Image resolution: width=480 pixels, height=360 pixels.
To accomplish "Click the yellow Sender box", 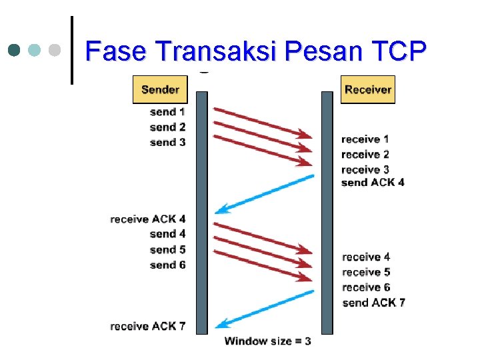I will click(x=160, y=89).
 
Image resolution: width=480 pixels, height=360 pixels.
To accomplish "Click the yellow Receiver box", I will click(x=368, y=89).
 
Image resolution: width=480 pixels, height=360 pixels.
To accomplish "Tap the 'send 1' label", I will click(x=167, y=112).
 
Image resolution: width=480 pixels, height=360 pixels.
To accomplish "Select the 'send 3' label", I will click(x=167, y=142).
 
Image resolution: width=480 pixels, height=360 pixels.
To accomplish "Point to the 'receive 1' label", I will click(x=365, y=139).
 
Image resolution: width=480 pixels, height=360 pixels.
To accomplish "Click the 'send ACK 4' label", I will click(x=372, y=183).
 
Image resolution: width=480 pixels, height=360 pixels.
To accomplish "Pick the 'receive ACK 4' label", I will click(x=148, y=219).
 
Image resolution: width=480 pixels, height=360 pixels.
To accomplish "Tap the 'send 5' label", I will click(x=167, y=249).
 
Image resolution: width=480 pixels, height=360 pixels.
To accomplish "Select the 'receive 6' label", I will click(x=366, y=287).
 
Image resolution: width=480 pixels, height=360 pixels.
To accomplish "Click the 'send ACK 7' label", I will click(x=373, y=303).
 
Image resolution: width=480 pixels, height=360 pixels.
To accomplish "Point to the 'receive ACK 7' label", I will click(x=148, y=326).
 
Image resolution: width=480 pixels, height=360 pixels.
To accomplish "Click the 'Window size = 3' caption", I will click(x=267, y=341).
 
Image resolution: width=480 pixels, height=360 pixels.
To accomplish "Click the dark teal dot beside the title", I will click(x=15, y=50).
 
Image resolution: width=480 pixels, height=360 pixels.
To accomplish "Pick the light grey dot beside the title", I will click(x=55, y=50).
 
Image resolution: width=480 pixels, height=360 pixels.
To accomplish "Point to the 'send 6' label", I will click(x=167, y=265).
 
